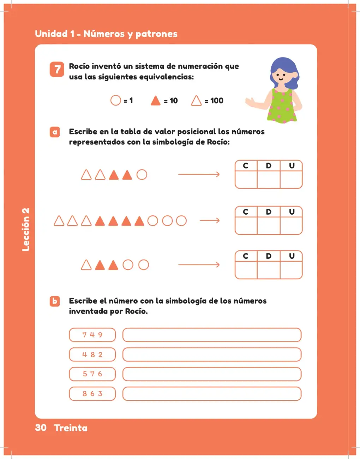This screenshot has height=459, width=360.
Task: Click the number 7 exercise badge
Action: coord(57,69)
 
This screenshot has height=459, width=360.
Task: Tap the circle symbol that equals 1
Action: coord(116,100)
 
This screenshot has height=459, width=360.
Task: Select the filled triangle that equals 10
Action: coord(156,101)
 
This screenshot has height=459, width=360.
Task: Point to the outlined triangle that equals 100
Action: coord(196,101)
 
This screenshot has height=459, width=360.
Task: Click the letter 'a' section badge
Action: coord(55,132)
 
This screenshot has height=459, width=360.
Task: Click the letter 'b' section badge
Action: coord(55,301)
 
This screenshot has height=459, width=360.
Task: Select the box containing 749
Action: coord(92,335)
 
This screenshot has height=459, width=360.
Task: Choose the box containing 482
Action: coord(92,354)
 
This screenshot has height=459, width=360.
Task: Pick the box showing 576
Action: coord(92,374)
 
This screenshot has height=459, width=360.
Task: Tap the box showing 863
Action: coord(92,394)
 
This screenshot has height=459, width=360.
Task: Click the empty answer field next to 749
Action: coord(212,335)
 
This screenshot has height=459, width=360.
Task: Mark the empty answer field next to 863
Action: coord(212,394)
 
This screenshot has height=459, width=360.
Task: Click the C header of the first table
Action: coord(246,166)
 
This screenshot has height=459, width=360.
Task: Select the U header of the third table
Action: coord(292,256)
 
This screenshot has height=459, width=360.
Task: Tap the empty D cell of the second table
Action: coord(269,226)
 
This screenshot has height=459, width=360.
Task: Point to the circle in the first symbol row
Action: coord(142,175)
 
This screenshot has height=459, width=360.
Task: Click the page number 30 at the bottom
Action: coord(41,428)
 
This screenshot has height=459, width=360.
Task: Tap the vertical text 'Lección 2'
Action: coord(26,229)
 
